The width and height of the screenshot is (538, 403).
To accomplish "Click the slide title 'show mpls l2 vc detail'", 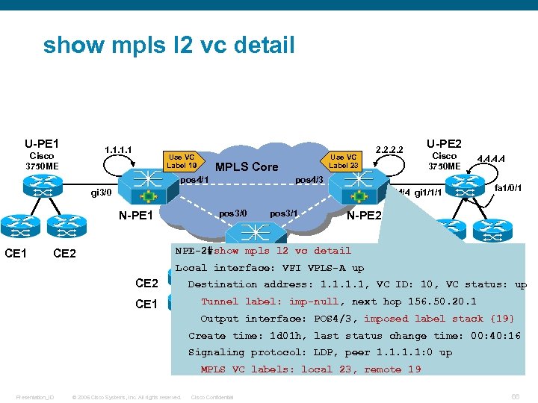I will coord(169,45).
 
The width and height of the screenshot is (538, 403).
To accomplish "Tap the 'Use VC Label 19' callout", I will coord(182,161).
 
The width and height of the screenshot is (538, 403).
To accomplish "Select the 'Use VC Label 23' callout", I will coord(344,161).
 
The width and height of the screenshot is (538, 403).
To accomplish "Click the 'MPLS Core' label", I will coord(247,167).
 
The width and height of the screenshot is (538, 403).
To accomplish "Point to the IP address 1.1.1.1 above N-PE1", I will coord(119,150).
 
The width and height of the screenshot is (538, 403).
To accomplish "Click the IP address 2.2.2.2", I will coord(389,150).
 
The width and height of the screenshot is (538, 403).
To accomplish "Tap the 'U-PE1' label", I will coord(42,143).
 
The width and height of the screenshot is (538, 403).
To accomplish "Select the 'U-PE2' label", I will coord(444,143).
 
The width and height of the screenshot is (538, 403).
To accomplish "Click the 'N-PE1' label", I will coord(136,216).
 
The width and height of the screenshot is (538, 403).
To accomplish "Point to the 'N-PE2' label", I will coord(365,216).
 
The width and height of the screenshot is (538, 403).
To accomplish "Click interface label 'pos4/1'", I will coord(194,180).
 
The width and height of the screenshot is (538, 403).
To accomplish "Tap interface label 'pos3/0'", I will coord(232,213).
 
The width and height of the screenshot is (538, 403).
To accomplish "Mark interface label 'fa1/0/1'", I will coord(507,187).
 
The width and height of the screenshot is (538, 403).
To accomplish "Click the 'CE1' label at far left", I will coord(16,254).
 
